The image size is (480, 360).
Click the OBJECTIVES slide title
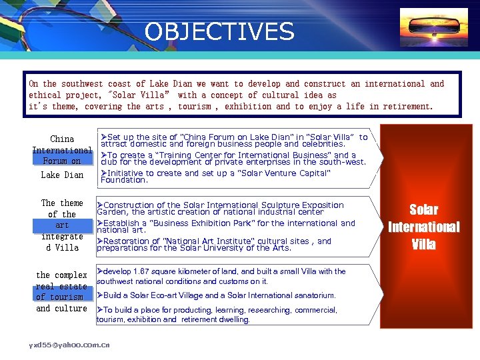pos(219,32)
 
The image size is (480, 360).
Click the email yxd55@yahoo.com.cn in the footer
pos(69,345)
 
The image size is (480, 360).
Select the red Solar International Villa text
pos(423,227)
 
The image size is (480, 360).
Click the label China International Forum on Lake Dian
pos(62,157)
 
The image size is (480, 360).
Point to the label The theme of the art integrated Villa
pos(62,225)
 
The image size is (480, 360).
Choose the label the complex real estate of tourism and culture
pos(62,291)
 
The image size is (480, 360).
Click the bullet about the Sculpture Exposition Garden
pos(220,209)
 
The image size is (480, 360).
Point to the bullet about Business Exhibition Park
pos(225,227)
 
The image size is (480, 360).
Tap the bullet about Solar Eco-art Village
pos(217,295)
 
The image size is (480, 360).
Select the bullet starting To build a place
pos(217,315)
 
